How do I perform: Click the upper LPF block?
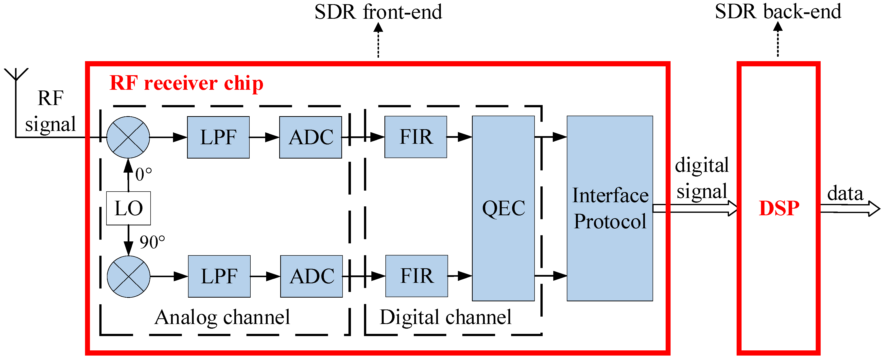tap(218, 137)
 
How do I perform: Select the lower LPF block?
tap(219, 276)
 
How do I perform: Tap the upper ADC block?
tap(310, 137)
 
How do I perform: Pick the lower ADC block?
tap(311, 276)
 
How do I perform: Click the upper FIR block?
tap(416, 137)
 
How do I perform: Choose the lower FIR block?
tap(416, 276)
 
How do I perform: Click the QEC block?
tap(503, 208)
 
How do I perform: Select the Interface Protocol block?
tap(609, 208)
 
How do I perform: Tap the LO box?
tap(128, 208)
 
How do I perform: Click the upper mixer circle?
tap(128, 137)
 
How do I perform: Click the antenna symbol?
tap(16, 75)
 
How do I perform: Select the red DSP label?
tap(779, 208)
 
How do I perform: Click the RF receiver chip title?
tap(186, 83)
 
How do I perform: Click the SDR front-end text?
tap(378, 12)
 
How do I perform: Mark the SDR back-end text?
tap(778, 11)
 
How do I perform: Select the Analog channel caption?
tap(222, 317)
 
